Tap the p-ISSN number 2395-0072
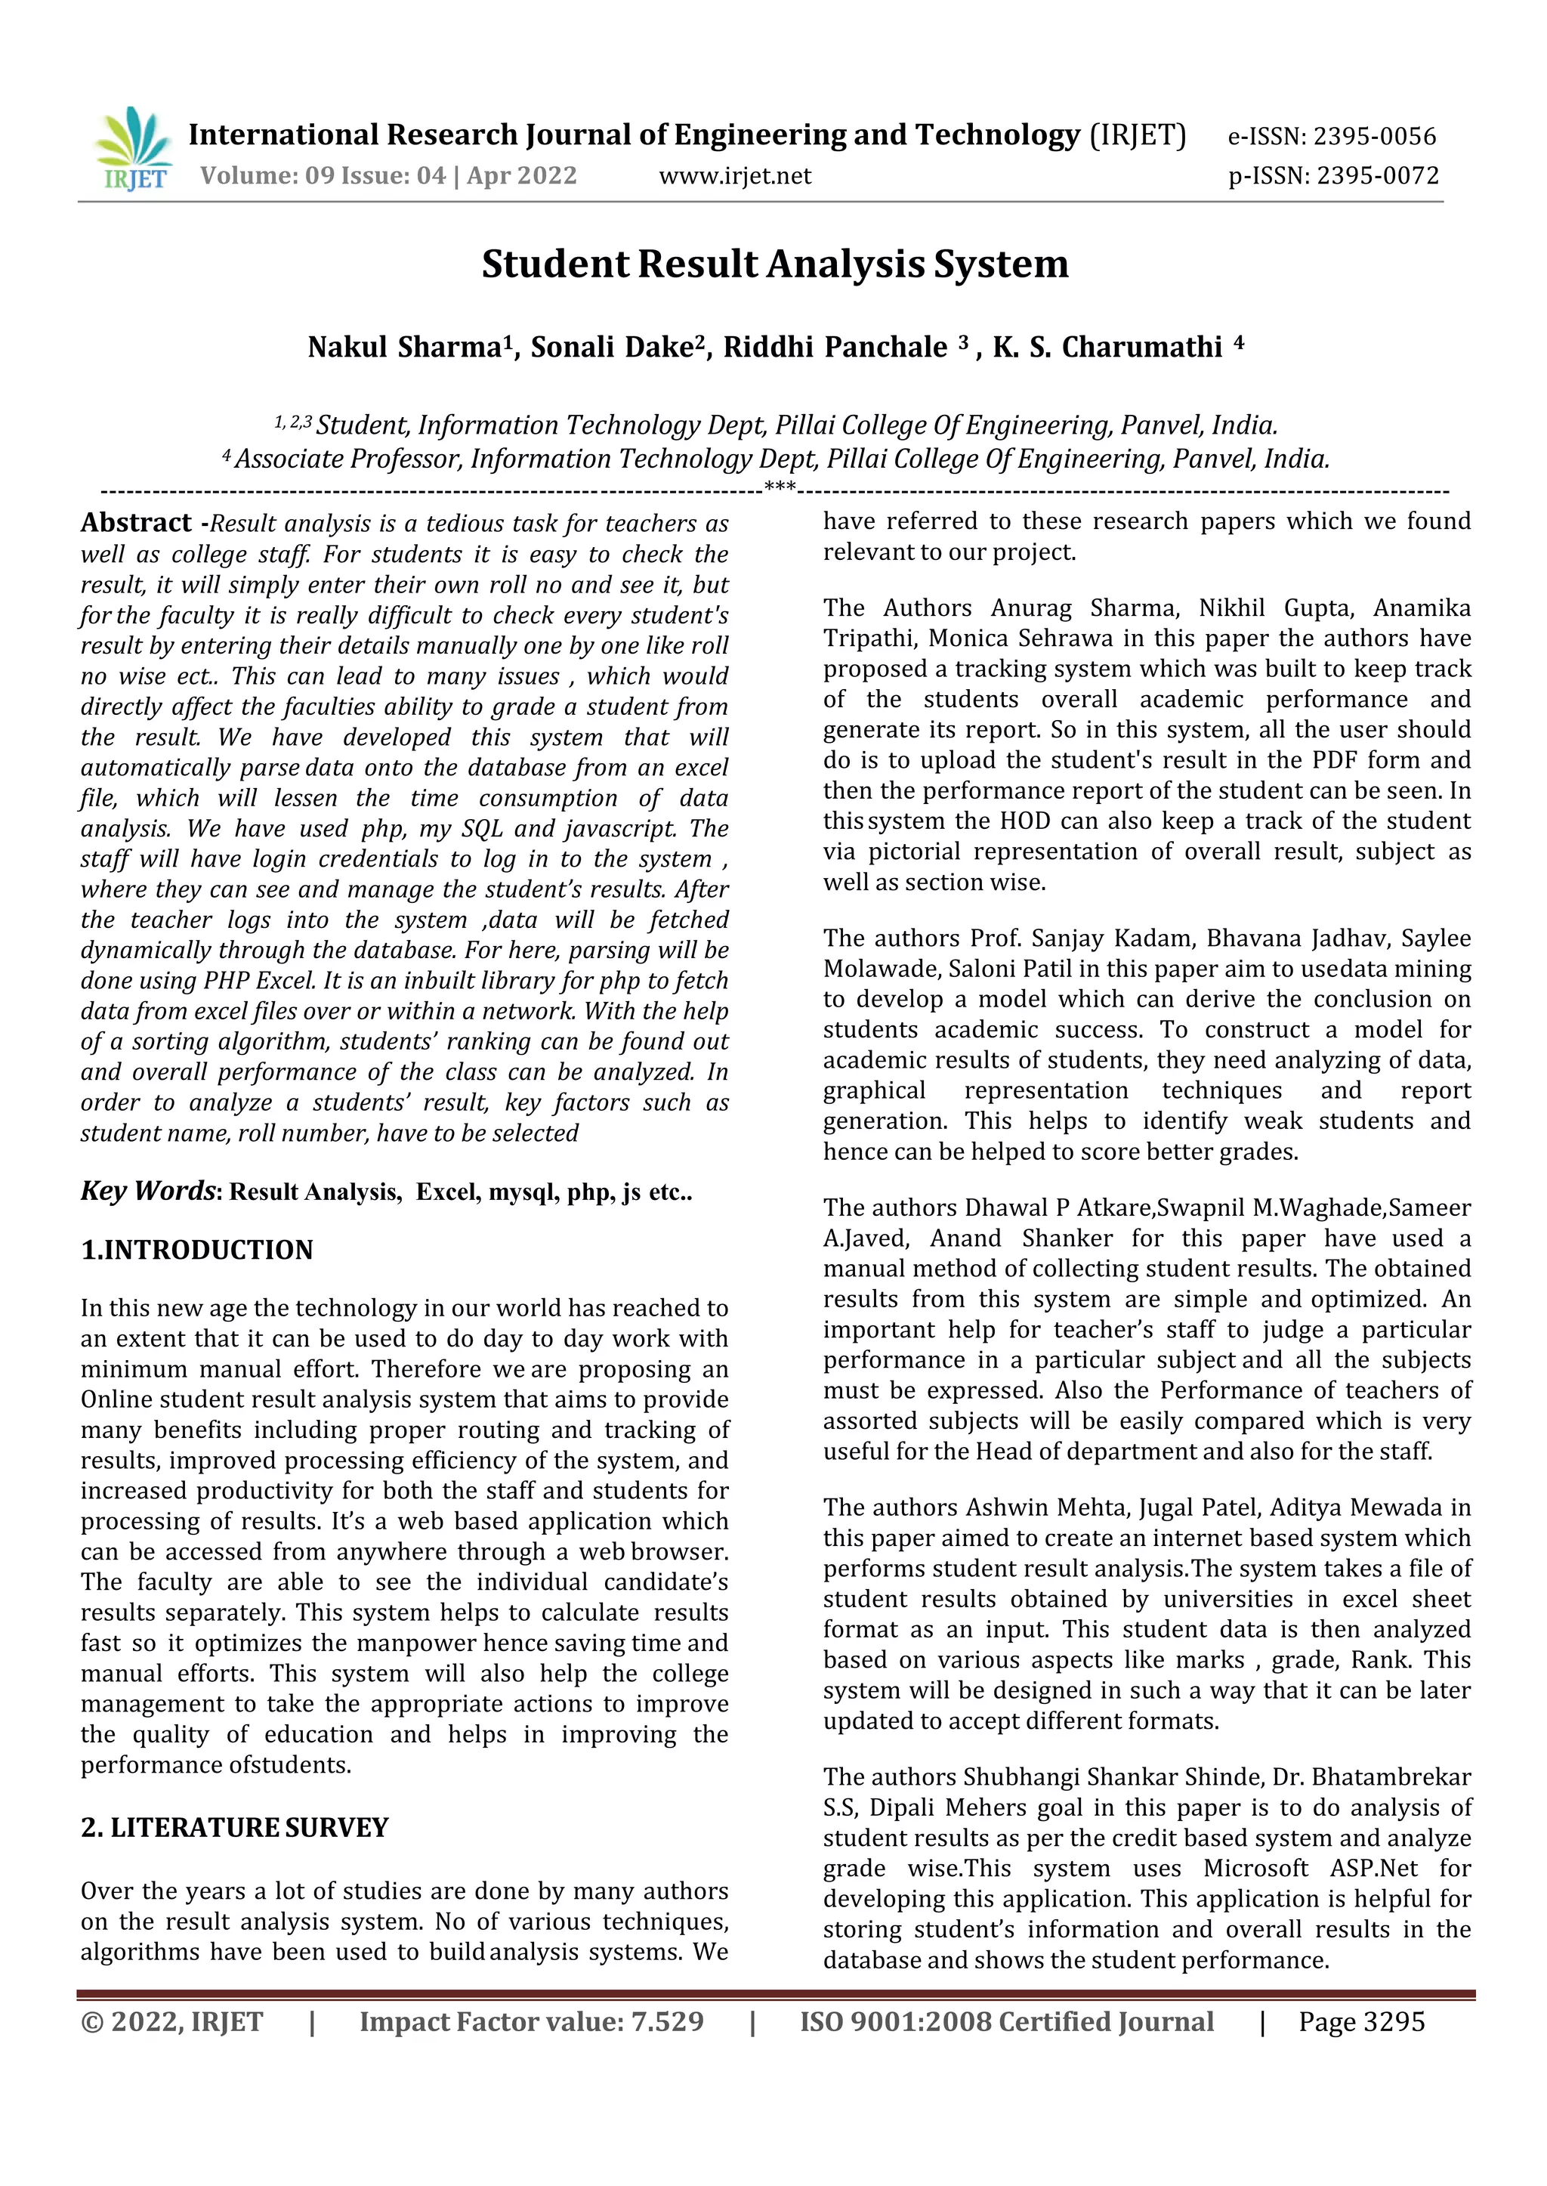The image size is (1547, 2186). [x=1376, y=176]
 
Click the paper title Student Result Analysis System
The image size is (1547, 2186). [x=773, y=264]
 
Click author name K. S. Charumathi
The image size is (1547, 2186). [x=1107, y=347]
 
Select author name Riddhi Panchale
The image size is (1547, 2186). [x=835, y=347]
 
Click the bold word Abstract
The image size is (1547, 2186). [x=135, y=522]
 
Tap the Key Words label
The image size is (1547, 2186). [x=147, y=1191]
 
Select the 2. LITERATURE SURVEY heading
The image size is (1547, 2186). [x=234, y=1827]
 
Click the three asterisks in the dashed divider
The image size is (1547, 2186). [x=780, y=490]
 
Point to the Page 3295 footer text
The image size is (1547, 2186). [x=1361, y=2021]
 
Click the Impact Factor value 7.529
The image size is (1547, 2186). [x=667, y=2021]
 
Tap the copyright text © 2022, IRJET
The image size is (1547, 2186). [x=171, y=2021]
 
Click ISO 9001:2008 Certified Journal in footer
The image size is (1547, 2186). [x=1006, y=2021]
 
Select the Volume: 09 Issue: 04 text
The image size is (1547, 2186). [x=324, y=176]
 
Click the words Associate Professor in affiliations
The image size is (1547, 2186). [x=349, y=459]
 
